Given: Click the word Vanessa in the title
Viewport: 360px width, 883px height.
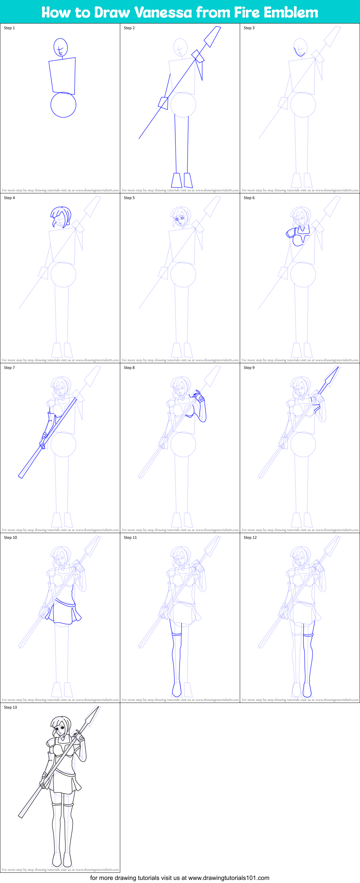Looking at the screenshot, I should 163,13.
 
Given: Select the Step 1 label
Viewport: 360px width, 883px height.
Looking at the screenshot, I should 9,28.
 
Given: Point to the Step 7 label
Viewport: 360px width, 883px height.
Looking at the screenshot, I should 9,368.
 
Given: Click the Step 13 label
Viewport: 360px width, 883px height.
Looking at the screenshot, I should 10,707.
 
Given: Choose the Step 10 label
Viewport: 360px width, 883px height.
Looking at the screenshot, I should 10,537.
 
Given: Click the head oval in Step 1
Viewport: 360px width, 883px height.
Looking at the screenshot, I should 60,47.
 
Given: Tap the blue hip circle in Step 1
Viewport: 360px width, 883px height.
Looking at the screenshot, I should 63,105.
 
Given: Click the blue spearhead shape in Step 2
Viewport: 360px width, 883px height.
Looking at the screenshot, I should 213,36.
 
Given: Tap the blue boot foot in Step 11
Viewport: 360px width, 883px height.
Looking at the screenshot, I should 176,690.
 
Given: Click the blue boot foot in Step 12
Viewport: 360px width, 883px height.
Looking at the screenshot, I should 307,690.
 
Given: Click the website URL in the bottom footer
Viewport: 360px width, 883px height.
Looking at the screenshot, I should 229,878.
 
